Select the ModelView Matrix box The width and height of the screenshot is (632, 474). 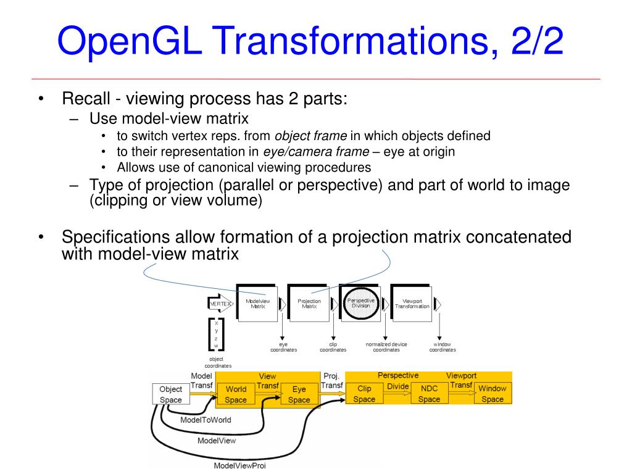[257, 303]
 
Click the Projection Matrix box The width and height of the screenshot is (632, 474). [309, 303]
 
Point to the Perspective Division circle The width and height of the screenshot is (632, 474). [361, 302]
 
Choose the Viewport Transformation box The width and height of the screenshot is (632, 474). [412, 303]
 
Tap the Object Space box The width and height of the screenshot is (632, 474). [170, 394]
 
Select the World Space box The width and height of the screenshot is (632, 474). [236, 394]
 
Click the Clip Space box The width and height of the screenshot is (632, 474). [364, 394]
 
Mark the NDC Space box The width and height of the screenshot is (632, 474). [429, 394]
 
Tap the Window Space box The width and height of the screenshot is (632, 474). [493, 394]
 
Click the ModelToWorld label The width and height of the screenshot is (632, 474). [206, 420]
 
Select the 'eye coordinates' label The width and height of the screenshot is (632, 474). [283, 347]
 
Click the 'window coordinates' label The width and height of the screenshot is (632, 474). [443, 347]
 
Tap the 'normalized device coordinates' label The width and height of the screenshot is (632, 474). [386, 347]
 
